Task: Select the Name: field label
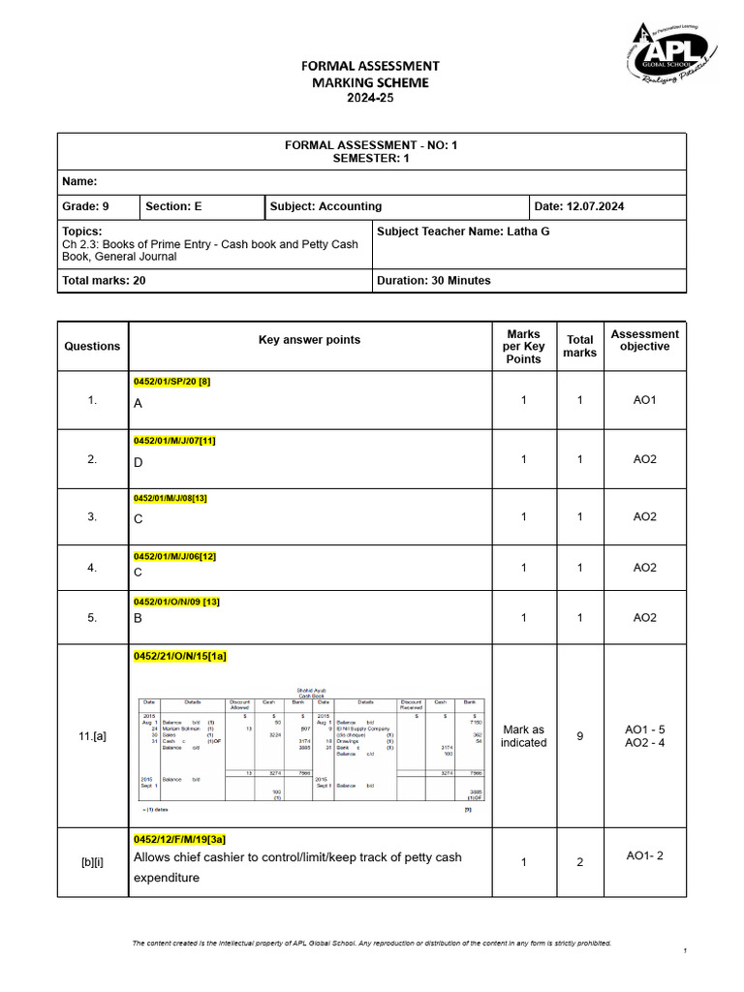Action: click(x=79, y=181)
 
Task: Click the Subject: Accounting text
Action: click(x=325, y=206)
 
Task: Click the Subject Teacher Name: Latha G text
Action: click(x=462, y=232)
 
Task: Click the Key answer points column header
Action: click(x=309, y=340)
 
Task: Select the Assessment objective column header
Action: click(x=644, y=340)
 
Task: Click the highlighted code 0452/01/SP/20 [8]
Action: click(x=171, y=382)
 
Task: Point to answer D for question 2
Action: click(x=139, y=462)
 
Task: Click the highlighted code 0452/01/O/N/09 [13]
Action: click(x=177, y=602)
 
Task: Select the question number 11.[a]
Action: click(x=93, y=736)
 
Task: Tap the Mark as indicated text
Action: click(x=523, y=736)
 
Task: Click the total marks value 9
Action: click(x=580, y=736)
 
